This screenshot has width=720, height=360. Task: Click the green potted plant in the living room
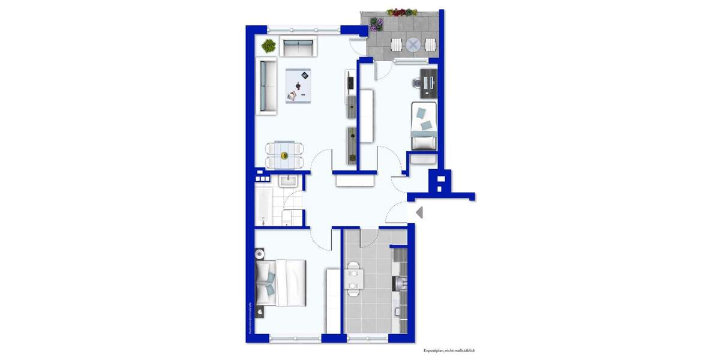point(268,45)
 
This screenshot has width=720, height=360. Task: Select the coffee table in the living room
point(301,85)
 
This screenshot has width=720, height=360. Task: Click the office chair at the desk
point(418,83)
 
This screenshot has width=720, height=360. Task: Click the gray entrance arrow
point(419,212)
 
